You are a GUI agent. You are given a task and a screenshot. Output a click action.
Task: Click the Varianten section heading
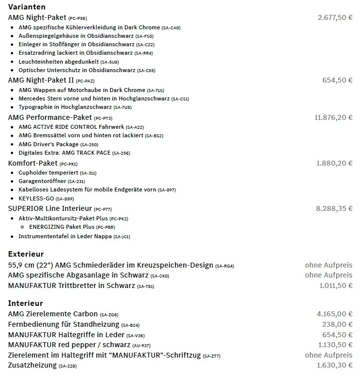(27, 7)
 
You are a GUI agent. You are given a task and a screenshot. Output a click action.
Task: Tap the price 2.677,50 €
(335, 17)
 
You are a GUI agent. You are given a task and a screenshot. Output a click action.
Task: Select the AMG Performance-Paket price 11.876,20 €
(333, 118)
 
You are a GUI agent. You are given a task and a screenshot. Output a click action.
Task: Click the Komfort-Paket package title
(32, 163)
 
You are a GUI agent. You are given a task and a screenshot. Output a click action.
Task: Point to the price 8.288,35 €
(334, 208)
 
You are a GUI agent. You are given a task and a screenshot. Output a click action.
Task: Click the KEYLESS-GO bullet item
(36, 198)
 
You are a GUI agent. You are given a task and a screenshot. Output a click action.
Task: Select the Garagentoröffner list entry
(42, 182)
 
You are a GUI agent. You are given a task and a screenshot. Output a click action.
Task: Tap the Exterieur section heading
(26, 254)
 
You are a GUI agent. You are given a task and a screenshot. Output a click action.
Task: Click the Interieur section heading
(25, 303)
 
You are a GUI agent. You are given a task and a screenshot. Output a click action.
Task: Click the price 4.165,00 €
(335, 314)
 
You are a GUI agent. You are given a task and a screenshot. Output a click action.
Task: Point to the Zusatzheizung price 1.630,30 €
(335, 366)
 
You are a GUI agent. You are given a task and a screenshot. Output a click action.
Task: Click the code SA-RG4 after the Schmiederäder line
(225, 266)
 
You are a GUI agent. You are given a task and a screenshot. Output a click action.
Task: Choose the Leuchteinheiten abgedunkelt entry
(58, 62)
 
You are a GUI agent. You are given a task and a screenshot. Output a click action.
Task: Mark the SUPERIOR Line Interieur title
(50, 208)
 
